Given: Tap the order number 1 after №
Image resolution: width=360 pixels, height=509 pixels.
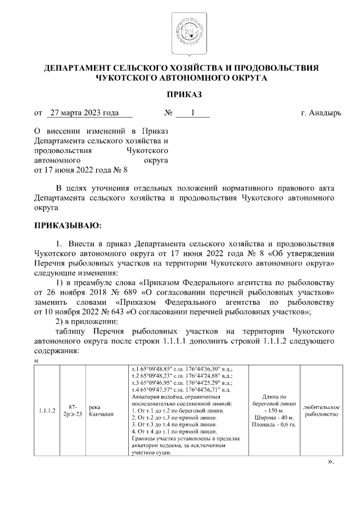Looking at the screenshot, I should point(192,112).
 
